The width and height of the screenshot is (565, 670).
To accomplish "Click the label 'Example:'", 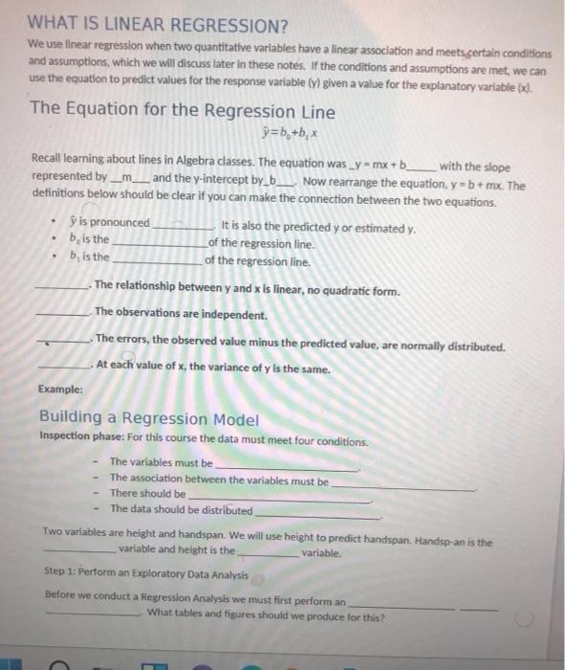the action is (60, 390).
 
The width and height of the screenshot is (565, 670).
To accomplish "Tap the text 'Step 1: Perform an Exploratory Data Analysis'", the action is (146, 575).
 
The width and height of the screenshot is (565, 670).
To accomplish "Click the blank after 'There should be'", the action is (277, 499).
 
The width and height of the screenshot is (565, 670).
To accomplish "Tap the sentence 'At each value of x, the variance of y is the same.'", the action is (212, 369).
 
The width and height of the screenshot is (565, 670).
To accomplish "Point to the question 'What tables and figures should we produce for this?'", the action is (267, 617).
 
